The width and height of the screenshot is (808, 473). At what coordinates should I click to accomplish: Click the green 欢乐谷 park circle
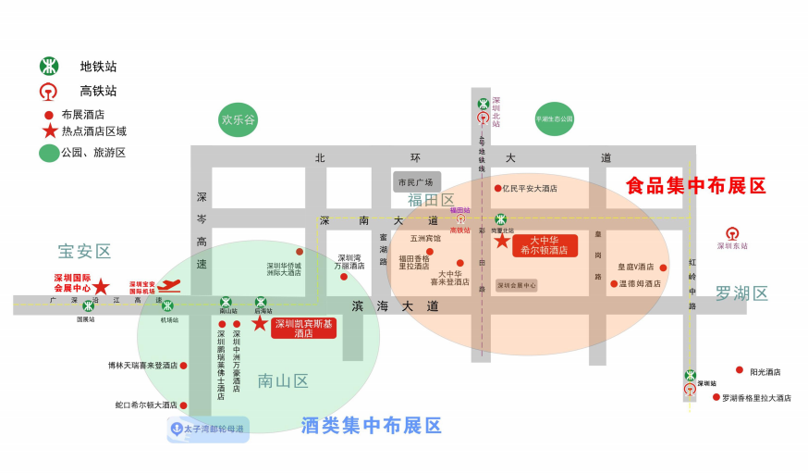click(238, 120)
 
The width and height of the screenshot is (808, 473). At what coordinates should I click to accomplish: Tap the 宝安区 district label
click(84, 252)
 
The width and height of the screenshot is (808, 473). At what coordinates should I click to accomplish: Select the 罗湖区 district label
click(741, 294)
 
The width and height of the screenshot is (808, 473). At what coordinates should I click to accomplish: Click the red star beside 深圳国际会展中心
click(101, 287)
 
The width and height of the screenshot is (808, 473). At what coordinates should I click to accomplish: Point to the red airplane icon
click(169, 286)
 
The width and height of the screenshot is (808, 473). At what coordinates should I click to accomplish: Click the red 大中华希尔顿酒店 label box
click(545, 245)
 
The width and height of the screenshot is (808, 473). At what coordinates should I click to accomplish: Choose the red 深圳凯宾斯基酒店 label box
click(303, 328)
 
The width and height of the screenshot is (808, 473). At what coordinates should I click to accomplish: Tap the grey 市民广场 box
click(416, 182)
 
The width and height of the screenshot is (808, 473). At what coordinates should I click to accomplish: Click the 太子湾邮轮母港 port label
click(208, 429)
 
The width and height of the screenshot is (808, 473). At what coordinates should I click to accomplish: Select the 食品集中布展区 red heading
click(696, 186)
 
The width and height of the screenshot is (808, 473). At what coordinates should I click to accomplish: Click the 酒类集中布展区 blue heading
click(372, 426)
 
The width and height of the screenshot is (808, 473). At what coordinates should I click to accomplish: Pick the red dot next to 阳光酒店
click(740, 370)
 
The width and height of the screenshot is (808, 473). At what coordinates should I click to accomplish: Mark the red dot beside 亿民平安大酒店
click(497, 188)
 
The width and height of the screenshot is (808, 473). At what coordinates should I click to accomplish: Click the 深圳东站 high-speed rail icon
click(732, 233)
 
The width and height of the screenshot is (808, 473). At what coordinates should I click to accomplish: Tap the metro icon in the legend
click(49, 67)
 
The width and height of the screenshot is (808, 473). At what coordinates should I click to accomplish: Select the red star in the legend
click(49, 131)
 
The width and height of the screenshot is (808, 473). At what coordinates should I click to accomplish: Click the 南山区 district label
click(283, 381)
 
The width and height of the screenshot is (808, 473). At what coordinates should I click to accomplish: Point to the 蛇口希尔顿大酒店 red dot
click(183, 405)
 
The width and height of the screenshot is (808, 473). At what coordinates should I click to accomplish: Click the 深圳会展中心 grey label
click(516, 285)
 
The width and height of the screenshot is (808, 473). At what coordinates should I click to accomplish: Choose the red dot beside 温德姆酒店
click(613, 284)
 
